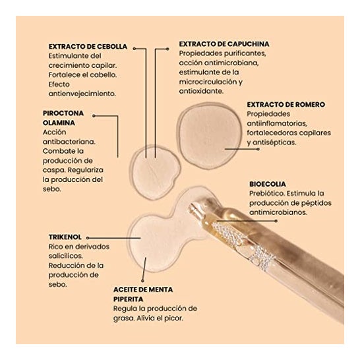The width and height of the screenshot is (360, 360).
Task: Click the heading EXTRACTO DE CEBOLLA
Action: click(x=88, y=47)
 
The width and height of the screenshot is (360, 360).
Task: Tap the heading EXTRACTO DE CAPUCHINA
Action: click(x=224, y=44)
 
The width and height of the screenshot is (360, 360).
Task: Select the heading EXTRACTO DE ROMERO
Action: click(x=286, y=105)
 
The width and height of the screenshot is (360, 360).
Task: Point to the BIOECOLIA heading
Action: click(x=268, y=184)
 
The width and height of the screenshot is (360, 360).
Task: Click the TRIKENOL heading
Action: click(x=65, y=237)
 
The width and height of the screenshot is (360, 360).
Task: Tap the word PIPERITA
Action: click(x=128, y=299)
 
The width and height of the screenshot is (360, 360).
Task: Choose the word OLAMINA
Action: click(x=59, y=123)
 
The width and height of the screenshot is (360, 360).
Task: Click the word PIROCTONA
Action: click(x=63, y=113)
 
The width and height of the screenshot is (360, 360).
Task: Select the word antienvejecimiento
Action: click(x=82, y=94)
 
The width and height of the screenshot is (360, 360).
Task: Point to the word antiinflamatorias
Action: click(x=277, y=123)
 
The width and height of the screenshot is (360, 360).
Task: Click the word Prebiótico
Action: click(x=266, y=194)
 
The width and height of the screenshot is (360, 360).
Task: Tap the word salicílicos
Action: click(x=66, y=256)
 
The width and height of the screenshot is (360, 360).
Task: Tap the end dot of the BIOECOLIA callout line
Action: click(x=276, y=221)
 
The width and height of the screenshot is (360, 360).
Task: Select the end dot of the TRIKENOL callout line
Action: click(x=88, y=238)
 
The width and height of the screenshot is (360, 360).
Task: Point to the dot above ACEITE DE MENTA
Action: click(x=142, y=281)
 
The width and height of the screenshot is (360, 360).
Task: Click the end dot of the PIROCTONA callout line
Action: click(x=94, y=116)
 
